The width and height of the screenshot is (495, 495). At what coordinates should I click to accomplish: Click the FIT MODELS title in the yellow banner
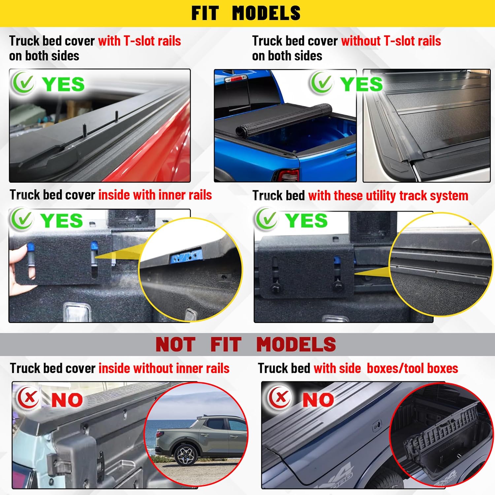246,13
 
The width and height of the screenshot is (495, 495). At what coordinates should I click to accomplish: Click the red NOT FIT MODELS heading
246,345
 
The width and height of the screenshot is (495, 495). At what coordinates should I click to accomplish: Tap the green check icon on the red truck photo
23,83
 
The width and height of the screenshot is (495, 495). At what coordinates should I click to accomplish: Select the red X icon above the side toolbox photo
280,397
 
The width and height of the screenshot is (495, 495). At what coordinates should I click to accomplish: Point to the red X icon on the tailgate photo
29,398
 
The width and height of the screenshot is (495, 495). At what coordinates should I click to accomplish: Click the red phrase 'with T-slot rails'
140,41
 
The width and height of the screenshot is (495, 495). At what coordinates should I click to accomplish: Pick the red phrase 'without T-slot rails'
391,41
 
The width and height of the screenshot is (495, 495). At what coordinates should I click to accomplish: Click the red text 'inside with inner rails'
155,195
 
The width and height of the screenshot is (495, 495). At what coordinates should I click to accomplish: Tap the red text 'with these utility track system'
388,196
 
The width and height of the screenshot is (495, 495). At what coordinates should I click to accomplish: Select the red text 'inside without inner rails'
164,368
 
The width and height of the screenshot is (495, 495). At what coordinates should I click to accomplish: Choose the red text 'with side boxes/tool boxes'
386,368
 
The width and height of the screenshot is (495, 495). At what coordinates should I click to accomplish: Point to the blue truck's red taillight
288,176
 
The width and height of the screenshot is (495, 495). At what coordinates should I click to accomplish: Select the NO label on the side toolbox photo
318,400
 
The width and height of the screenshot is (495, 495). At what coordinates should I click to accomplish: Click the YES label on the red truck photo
63,84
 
